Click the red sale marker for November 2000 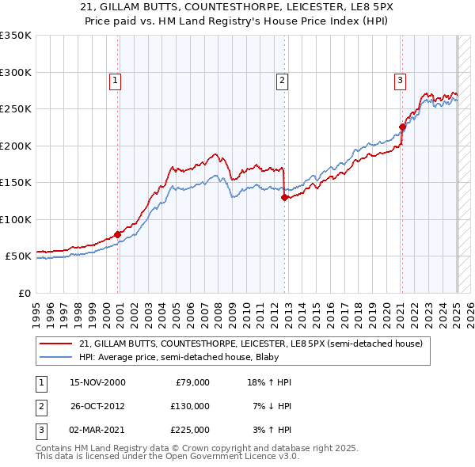117,234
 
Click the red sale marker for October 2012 284,198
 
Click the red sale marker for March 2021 402,127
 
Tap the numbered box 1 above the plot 115,79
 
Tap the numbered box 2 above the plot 282,79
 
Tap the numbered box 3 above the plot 400,79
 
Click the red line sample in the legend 56,344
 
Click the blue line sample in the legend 56,357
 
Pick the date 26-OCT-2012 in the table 97,406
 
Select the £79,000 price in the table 191,382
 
